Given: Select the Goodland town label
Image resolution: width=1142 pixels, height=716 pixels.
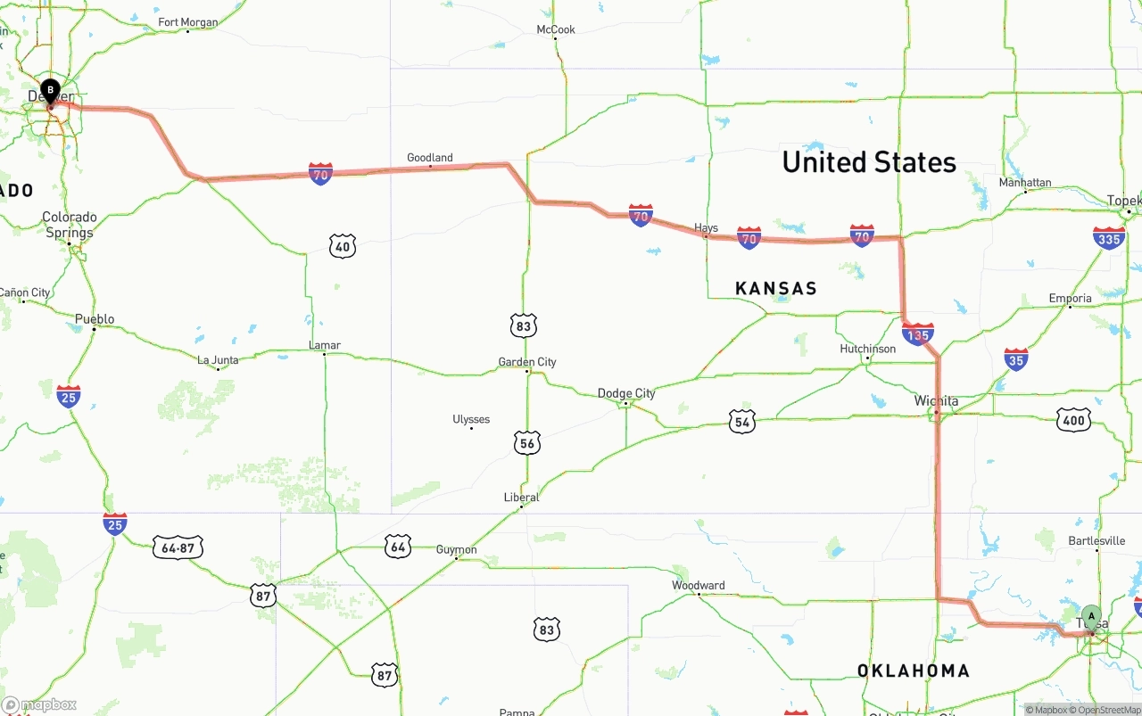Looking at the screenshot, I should coord(429,158).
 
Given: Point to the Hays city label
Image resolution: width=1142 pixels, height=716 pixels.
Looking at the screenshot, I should coord(706,228).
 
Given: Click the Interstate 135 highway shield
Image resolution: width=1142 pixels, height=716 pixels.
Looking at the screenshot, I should coord(918,333).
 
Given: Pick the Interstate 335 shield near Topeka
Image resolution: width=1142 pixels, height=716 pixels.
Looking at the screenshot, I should coord(1109,238).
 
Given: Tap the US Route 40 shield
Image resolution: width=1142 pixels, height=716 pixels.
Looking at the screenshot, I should coord(343,246).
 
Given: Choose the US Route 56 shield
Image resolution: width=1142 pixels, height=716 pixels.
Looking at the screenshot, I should coord(527,442).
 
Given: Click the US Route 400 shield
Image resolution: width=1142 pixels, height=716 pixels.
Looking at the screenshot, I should coord(1073,420).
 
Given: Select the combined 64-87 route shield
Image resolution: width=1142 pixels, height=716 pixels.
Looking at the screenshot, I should coord(178,547).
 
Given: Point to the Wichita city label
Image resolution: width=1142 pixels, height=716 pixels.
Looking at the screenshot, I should coord(936,401).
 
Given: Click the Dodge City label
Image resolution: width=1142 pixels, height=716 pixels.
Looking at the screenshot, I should coord(626,393).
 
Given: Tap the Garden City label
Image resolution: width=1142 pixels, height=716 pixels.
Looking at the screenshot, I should coord(527,362).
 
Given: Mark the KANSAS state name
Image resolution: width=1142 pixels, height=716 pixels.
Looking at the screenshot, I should coord(776,288).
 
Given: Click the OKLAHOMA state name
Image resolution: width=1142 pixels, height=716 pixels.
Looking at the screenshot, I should coord(913,671).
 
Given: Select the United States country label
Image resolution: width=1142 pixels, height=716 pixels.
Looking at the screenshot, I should coord(869,162).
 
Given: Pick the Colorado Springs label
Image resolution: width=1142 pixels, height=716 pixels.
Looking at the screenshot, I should coord(70,225).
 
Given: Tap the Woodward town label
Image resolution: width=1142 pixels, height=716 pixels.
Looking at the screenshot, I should coord(698,586).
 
